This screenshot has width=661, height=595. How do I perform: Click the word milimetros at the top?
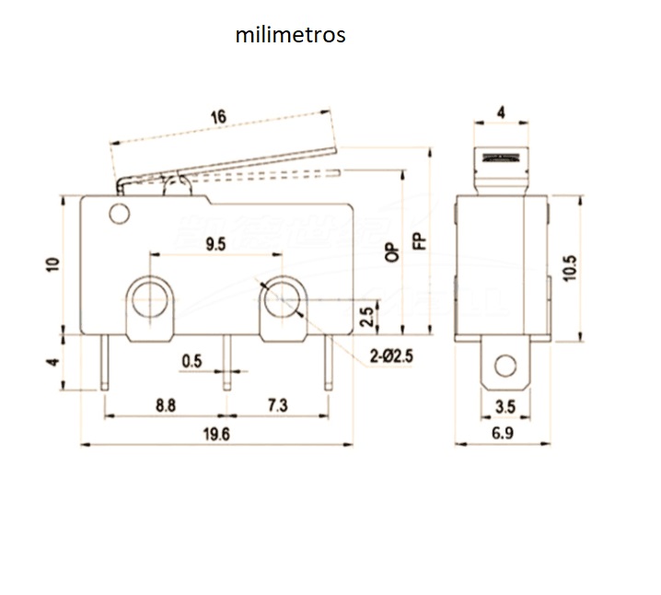click(x=290, y=36)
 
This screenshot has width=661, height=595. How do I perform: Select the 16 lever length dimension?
click(x=218, y=117)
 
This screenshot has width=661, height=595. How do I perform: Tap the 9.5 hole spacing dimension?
click(x=215, y=243)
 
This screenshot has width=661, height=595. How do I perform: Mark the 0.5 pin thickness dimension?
click(x=191, y=361)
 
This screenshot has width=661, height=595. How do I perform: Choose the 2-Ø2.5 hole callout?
click(x=389, y=356)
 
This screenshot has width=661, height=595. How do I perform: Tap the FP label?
click(x=419, y=241)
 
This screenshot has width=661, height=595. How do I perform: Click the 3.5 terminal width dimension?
click(x=503, y=404)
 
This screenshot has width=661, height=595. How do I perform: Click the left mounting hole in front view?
click(x=148, y=298)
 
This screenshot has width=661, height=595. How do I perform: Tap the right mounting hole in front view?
click(x=280, y=298)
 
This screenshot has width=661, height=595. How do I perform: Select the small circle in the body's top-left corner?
click(x=117, y=216)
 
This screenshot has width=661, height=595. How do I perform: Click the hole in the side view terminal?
click(x=503, y=365)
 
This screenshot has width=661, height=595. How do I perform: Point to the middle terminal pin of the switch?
click(x=226, y=362)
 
